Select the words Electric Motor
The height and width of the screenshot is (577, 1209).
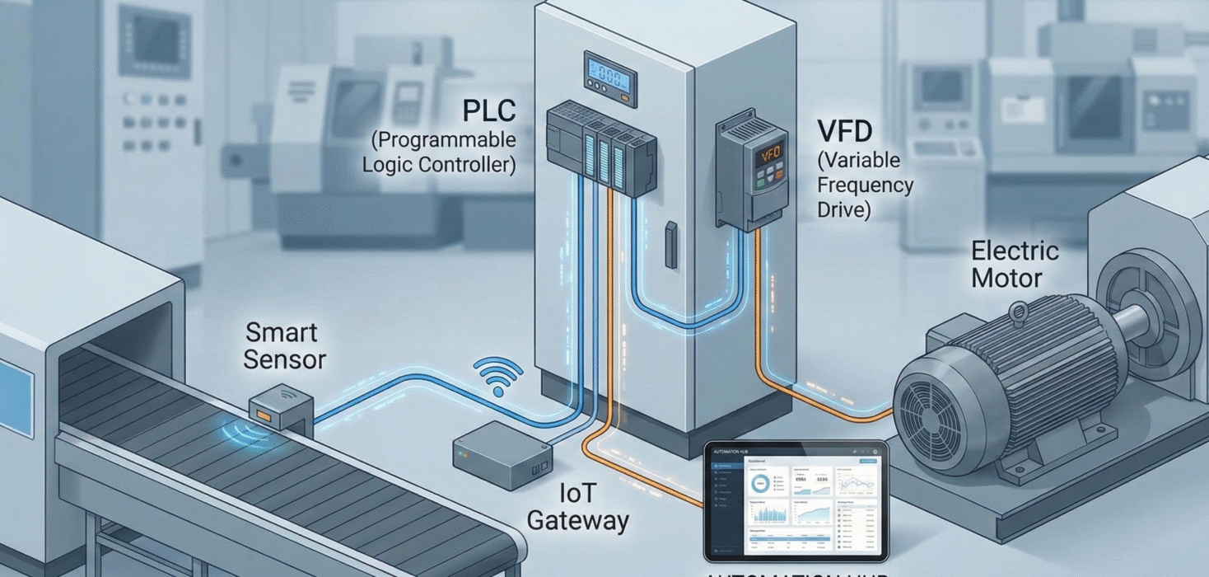(x=1015, y=265)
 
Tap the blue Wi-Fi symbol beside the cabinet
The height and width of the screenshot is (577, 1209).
(x=498, y=378)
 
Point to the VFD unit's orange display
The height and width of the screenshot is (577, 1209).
(x=771, y=153)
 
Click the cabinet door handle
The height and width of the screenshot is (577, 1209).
(x=671, y=245)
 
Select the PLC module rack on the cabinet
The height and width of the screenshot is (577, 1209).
(x=601, y=148)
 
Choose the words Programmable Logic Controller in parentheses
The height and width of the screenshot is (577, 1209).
(x=439, y=152)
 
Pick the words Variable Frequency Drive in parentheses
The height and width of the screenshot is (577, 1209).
(x=865, y=185)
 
